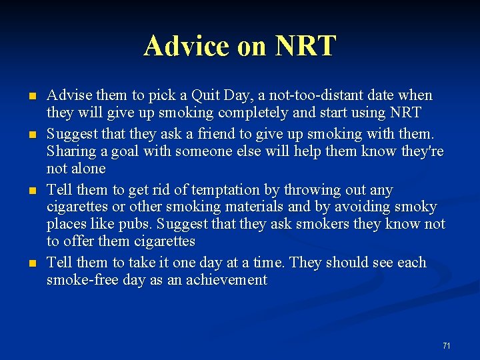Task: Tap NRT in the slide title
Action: coord(306,46)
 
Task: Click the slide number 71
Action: coord(446,345)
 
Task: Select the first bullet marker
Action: coord(31,97)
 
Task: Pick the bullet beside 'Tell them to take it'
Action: coord(31,264)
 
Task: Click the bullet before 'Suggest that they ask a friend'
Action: coord(31,135)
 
